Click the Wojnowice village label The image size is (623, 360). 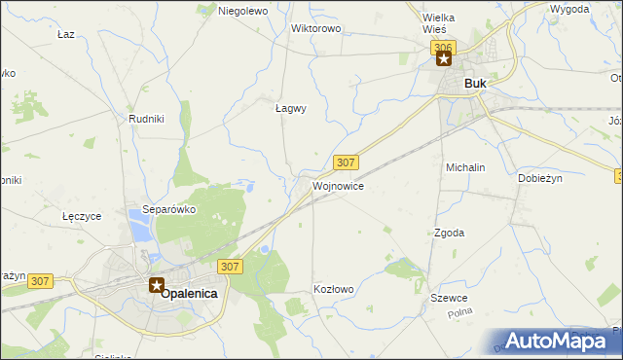pos(339,185)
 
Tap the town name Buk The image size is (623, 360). pos(475,84)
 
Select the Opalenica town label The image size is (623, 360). pos(189,292)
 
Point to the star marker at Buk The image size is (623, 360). pos(444,59)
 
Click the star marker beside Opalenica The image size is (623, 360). pos(157,285)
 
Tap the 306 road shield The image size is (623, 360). pos(444,46)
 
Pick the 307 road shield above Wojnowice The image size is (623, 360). pos(346,162)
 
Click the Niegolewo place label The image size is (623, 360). pos(243,11)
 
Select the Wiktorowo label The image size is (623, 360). pos(315,28)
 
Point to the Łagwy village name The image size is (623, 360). pos(290,109)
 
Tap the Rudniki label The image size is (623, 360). pos(145,119)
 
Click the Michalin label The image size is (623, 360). pos(465,167)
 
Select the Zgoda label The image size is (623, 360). pos(449,233)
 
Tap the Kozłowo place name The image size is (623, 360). pos(334,289)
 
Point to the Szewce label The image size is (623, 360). pos(451,298)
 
